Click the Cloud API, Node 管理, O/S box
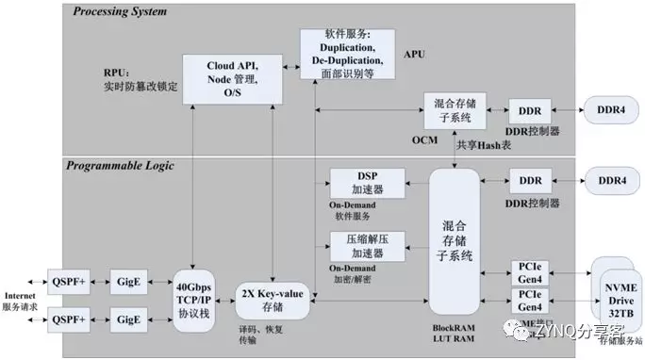231,78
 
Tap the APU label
416,55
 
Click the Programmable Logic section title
120,166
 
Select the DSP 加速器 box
367,183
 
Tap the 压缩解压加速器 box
367,248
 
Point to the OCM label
423,139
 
